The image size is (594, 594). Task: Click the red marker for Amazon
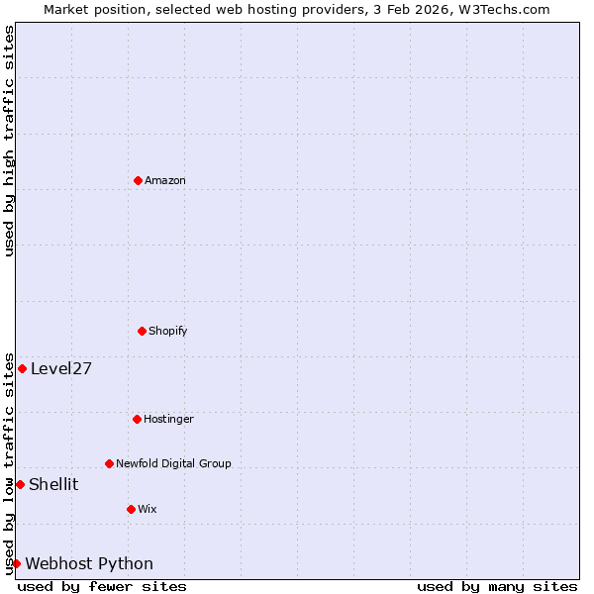point(138,180)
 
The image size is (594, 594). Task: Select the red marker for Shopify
point(142,331)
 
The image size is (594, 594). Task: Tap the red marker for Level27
point(22,368)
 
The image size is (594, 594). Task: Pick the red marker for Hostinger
point(137,419)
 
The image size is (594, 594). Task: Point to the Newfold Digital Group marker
point(109,463)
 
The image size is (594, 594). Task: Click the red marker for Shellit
point(20,484)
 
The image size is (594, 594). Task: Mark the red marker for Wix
point(131,509)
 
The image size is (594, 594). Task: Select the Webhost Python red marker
point(16,563)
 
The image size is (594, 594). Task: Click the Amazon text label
point(165,180)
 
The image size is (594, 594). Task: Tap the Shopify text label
point(168,331)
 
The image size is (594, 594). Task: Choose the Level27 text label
point(61,368)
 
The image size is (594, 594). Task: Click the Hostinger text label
point(168,419)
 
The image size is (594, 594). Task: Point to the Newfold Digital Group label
point(173,463)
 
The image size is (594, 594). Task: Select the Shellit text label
point(53,484)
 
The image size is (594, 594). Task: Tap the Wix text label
point(148,509)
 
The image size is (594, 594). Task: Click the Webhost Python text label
point(89,563)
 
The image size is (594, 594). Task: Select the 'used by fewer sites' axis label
point(102,586)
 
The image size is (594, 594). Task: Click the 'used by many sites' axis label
point(497,586)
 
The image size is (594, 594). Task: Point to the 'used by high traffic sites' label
point(9,141)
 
